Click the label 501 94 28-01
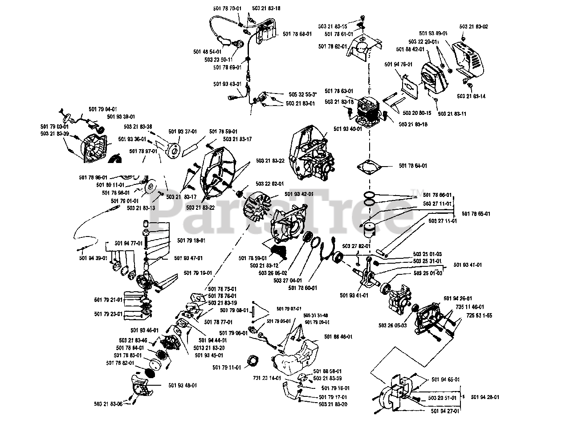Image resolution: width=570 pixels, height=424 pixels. [484, 397]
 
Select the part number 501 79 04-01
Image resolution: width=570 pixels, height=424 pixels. [103, 109]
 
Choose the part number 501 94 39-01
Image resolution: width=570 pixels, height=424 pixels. [93, 258]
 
